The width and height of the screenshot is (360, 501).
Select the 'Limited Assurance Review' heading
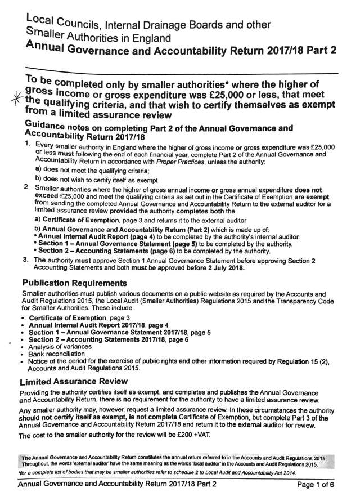76,382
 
